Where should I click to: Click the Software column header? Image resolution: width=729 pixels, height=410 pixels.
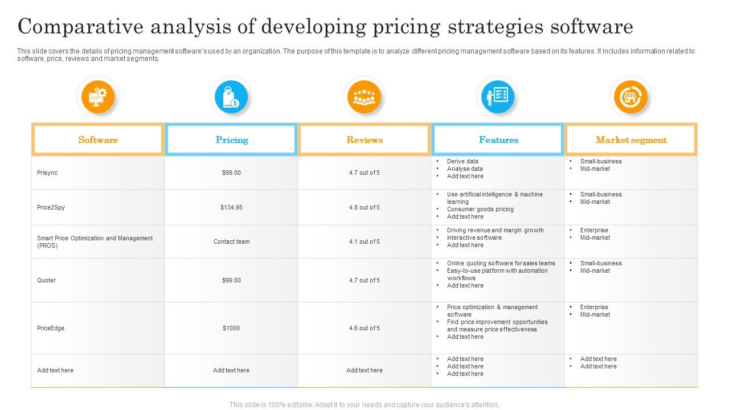tap(98, 140)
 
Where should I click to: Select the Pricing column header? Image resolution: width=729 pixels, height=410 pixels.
tap(231, 140)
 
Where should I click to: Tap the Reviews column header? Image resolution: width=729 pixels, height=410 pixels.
tap(364, 140)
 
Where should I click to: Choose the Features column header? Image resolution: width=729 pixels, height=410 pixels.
tap(498, 140)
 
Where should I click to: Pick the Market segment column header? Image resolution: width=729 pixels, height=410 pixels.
tap(631, 140)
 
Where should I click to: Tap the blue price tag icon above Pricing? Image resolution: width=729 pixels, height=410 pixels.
tap(231, 97)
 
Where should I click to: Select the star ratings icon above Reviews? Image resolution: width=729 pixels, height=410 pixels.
tap(364, 97)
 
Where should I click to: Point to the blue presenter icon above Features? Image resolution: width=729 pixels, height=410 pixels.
tap(498, 97)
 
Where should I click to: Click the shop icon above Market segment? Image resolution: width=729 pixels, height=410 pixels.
tap(630, 97)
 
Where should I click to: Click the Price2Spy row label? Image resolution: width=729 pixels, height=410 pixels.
tap(51, 207)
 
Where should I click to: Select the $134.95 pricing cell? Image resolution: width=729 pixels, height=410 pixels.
tap(231, 207)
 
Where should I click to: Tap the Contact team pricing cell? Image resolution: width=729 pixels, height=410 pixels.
tap(231, 241)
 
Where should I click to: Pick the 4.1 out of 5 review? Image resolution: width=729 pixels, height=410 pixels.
tap(364, 241)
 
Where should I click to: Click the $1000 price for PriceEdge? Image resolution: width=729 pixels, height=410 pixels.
tap(231, 328)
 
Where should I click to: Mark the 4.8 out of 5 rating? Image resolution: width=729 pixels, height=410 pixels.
tap(364, 207)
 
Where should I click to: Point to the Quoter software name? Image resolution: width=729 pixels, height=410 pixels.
tap(47, 280)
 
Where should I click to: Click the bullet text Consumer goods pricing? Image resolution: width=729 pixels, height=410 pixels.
tap(480, 209)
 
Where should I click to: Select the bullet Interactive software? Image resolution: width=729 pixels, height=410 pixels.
tap(474, 237)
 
